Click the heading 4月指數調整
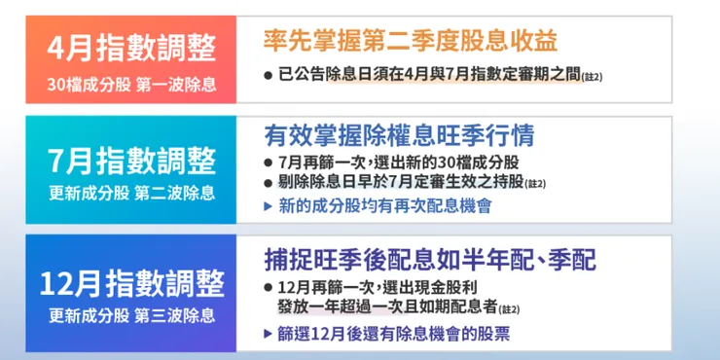point(130,47)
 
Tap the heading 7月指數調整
point(131,161)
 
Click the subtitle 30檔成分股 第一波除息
point(130,84)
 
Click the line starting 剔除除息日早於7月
point(399,182)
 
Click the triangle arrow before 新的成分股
point(269,206)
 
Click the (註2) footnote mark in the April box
point(592,77)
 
